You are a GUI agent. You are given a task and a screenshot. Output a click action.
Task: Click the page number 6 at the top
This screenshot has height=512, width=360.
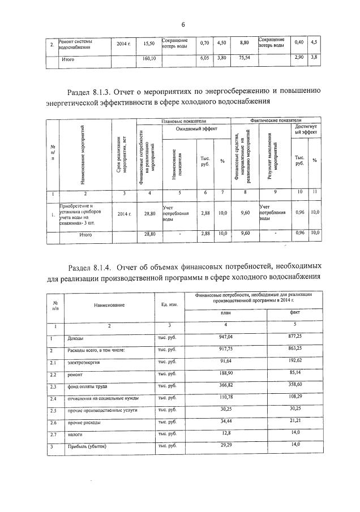point(183,24)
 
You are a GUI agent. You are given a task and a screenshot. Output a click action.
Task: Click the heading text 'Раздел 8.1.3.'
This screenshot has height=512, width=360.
point(91,91)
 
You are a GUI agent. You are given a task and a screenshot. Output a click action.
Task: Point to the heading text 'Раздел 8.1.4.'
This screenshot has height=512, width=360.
point(93,266)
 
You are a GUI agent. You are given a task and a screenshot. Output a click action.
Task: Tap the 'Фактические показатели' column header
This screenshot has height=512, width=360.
point(276,121)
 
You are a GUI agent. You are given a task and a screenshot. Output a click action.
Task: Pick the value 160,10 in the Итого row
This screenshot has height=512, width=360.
point(149,58)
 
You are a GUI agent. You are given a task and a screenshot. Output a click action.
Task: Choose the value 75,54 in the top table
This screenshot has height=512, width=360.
point(244,58)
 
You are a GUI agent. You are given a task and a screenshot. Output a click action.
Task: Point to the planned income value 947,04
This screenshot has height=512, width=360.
point(225,337)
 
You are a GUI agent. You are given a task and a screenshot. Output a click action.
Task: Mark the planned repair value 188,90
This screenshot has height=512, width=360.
point(225,373)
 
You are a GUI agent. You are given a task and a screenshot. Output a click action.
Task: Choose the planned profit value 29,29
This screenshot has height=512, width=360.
point(225,445)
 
